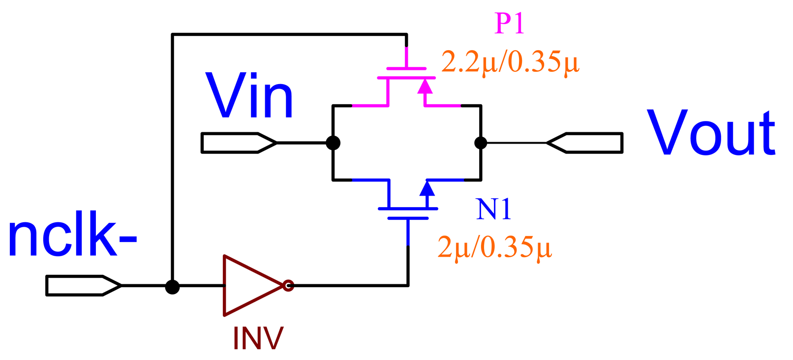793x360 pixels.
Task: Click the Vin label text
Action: click(249, 96)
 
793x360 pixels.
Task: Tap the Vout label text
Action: click(711, 133)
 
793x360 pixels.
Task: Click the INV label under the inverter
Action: click(258, 338)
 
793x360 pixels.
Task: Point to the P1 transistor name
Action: click(510, 23)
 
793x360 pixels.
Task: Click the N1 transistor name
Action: click(494, 209)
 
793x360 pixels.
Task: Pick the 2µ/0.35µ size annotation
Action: click(494, 247)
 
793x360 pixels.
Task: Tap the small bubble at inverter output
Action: click(289, 285)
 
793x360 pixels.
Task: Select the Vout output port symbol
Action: click(585, 143)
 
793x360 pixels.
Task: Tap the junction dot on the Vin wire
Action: click(333, 143)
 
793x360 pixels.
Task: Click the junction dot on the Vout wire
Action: click(481, 143)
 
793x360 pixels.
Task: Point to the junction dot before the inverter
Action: click(172, 287)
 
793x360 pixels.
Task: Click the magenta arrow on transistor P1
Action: click(425, 87)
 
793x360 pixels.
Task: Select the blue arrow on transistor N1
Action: click(427, 189)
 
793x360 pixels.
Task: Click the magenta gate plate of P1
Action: click(406, 68)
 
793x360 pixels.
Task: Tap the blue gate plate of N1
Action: click(408, 218)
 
